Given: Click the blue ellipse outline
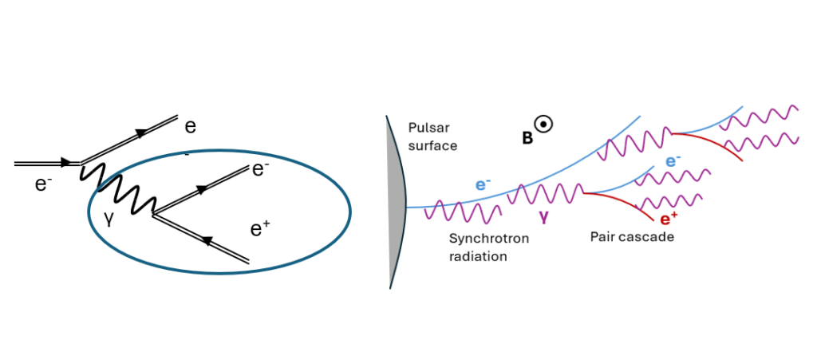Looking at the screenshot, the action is click(x=219, y=152).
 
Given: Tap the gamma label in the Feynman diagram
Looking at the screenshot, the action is click(x=109, y=220).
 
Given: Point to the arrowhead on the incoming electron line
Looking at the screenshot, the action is click(x=65, y=163).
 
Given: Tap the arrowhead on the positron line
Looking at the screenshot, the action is click(x=207, y=241).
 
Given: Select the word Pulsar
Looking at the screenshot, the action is click(x=424, y=129).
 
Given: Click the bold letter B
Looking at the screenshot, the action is click(x=527, y=139).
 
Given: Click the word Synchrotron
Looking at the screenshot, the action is click(x=489, y=239).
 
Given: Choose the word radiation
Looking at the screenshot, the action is click(x=478, y=257).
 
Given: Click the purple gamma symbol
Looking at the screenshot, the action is click(x=544, y=216).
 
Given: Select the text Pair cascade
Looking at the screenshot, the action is click(x=632, y=237).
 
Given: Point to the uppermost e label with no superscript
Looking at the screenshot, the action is click(x=191, y=127).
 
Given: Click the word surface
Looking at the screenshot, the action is click(x=432, y=145).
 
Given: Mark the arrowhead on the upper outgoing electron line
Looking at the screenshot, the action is click(x=140, y=134).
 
